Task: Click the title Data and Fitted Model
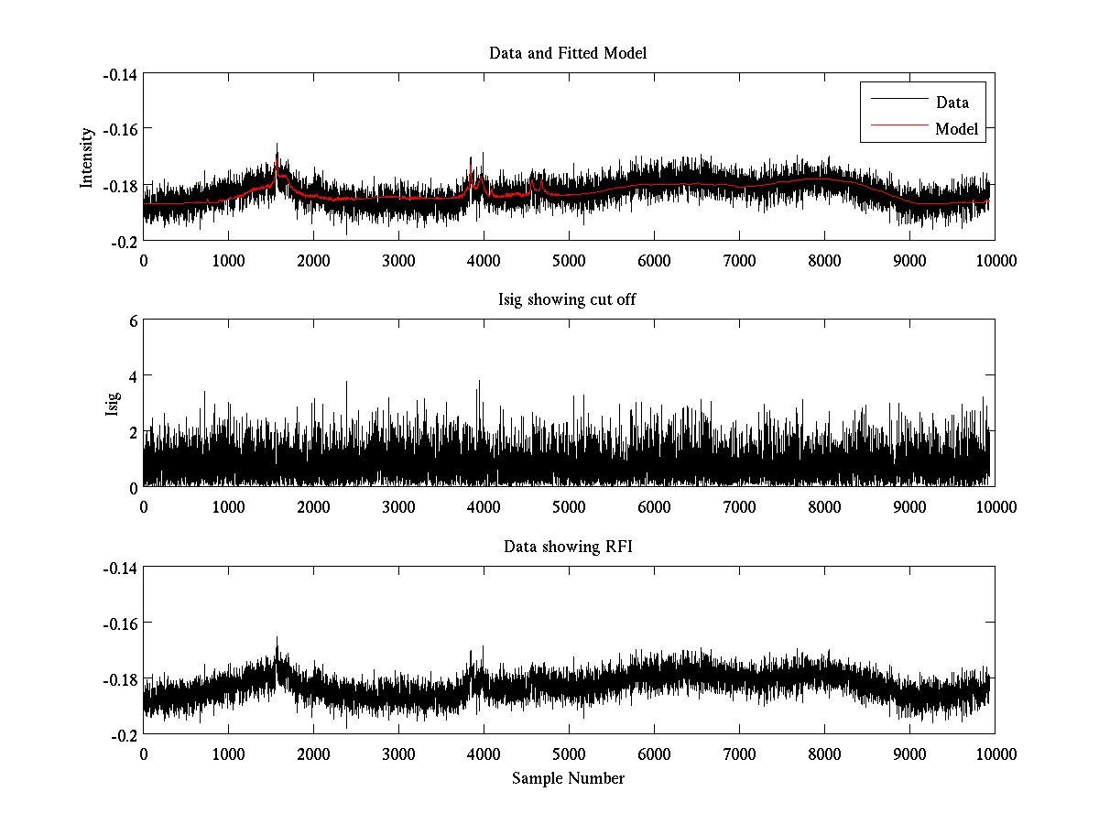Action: coord(568,53)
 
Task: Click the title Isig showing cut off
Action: coord(568,300)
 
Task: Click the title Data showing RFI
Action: coord(568,547)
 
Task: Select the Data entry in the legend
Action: coord(952,103)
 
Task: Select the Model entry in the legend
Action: coord(956,129)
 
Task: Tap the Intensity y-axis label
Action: coord(87,157)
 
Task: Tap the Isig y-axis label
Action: coord(112,404)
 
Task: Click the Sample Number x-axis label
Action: coord(568,778)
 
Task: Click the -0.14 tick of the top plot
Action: coord(120,74)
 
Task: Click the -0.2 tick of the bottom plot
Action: coord(124,734)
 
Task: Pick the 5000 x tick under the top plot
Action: coord(568,260)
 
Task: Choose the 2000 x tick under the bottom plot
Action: coord(313,754)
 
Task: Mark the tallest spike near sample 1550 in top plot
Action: coord(277,145)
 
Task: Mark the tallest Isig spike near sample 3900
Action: coord(478,381)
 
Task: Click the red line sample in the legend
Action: coord(898,129)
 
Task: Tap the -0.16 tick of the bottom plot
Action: coord(120,623)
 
